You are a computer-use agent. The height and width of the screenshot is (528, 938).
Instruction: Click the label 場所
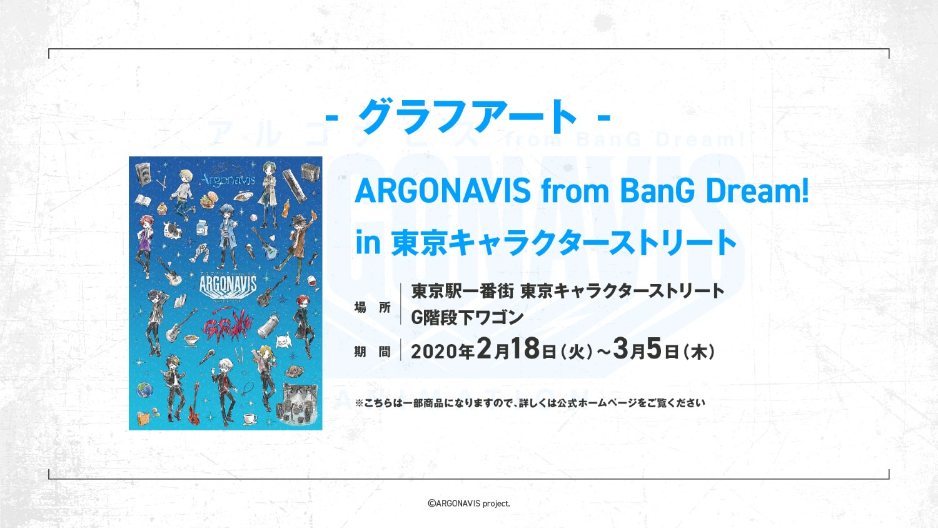(x=372, y=308)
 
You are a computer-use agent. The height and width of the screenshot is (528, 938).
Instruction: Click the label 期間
(x=372, y=352)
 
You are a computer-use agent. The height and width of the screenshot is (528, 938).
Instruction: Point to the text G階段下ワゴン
(x=467, y=318)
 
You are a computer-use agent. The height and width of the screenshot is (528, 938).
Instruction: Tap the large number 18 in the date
(x=524, y=349)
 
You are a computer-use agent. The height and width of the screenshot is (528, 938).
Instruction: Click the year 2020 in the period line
(x=434, y=352)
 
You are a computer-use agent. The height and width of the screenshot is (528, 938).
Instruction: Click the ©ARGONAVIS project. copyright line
(x=468, y=503)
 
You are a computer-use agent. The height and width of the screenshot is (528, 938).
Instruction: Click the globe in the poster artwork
(x=144, y=390)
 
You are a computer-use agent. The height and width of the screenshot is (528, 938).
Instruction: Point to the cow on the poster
(x=172, y=230)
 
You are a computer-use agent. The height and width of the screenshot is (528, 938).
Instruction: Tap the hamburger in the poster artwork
(x=208, y=200)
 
